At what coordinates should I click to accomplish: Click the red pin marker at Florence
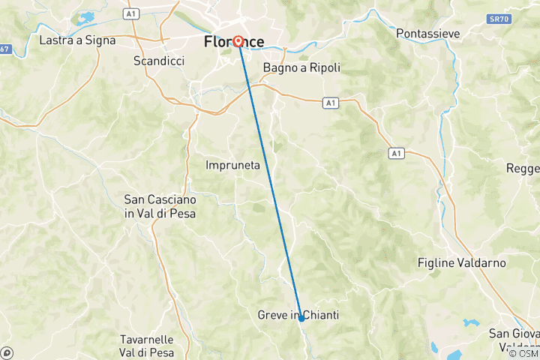[x=238, y=41]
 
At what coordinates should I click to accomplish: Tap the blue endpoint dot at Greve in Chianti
[x=301, y=319]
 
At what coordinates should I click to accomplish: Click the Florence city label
[x=234, y=43]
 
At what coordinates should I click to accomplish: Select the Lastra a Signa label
[x=77, y=40]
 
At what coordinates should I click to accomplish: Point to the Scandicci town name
[x=158, y=61]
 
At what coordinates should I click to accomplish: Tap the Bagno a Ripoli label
[x=301, y=67]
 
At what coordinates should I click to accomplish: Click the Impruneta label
[x=232, y=165]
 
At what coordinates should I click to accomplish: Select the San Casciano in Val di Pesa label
[x=160, y=207]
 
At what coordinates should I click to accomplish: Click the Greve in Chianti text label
[x=298, y=316]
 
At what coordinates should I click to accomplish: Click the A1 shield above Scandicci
[x=132, y=13]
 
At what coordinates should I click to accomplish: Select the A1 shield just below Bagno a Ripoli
[x=329, y=101]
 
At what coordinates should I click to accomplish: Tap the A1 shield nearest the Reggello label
[x=395, y=153]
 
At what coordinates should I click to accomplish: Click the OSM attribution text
[x=523, y=352]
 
